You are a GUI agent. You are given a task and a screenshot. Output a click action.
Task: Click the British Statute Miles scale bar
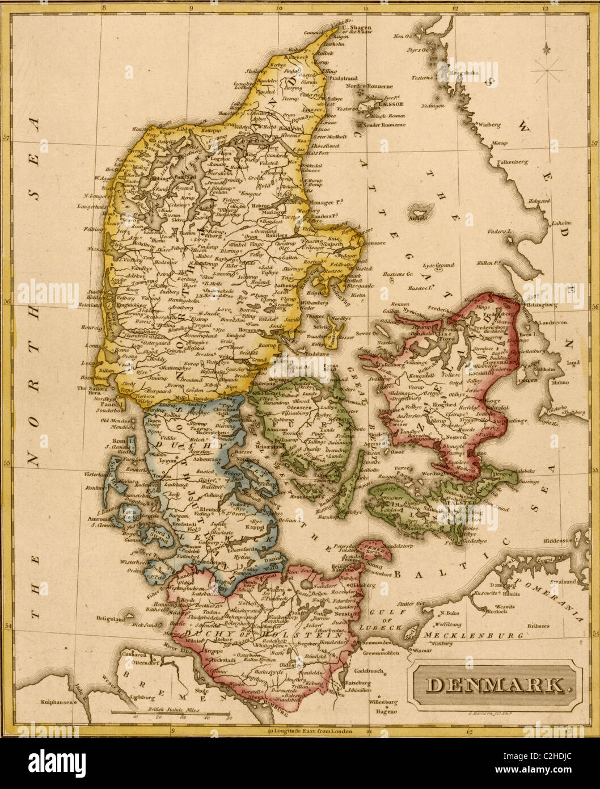pyautogui.click(x=170, y=712)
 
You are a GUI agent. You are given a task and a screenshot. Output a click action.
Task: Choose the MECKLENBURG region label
pyautogui.click(x=474, y=636)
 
